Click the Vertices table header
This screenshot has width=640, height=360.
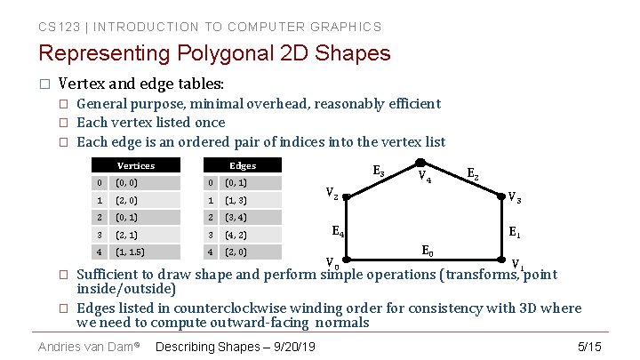click(x=136, y=165)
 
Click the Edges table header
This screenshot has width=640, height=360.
click(x=242, y=165)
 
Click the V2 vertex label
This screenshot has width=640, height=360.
click(x=331, y=193)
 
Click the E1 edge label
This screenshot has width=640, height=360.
click(x=514, y=231)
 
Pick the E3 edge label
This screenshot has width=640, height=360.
click(x=379, y=170)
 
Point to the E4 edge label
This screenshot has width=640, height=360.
click(x=338, y=232)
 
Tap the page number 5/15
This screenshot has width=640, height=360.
click(x=589, y=345)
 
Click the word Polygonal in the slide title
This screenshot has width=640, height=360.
click(x=225, y=53)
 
